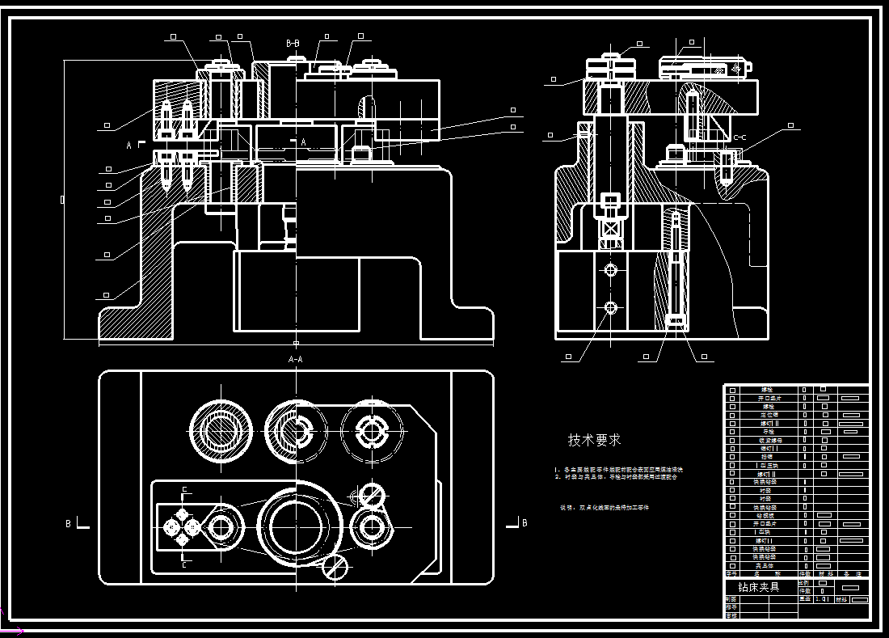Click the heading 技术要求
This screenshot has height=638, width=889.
pyautogui.click(x=594, y=440)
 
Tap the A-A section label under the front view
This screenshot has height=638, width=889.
pyautogui.click(x=296, y=358)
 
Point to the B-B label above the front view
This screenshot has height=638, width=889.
pyautogui.click(x=293, y=43)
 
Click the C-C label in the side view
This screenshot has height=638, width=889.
pyautogui.click(x=739, y=137)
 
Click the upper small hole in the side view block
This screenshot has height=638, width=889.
pyautogui.click(x=610, y=268)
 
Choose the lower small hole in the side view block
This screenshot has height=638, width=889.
pyautogui.click(x=610, y=307)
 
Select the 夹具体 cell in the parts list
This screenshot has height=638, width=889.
pyautogui.click(x=764, y=565)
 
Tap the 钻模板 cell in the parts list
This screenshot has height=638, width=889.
pyautogui.click(x=764, y=515)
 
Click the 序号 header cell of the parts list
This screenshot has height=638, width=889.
pyautogui.click(x=732, y=573)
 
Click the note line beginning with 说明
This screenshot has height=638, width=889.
pyautogui.click(x=605, y=508)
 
